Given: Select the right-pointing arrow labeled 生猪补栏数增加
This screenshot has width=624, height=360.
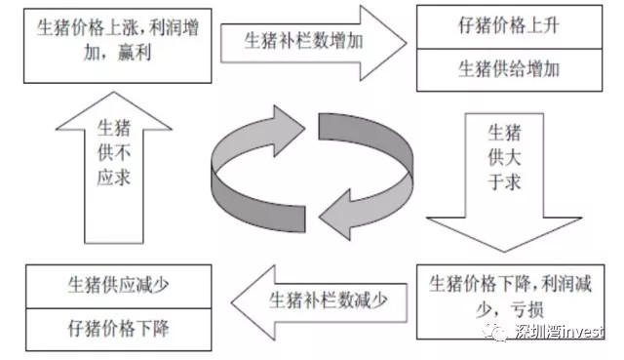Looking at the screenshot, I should [310, 41].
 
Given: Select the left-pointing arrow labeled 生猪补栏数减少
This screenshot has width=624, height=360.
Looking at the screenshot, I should [309, 300].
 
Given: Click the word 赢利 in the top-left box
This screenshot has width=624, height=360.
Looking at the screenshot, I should [96, 55].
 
